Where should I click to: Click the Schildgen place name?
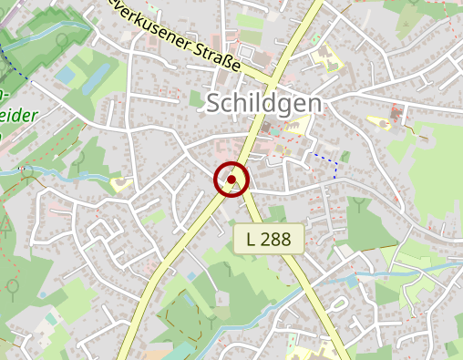coord(264,103)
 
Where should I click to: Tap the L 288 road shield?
coord(268,240)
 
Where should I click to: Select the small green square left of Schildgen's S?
coord(195,98)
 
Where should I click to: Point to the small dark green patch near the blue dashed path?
coord(345,156)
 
